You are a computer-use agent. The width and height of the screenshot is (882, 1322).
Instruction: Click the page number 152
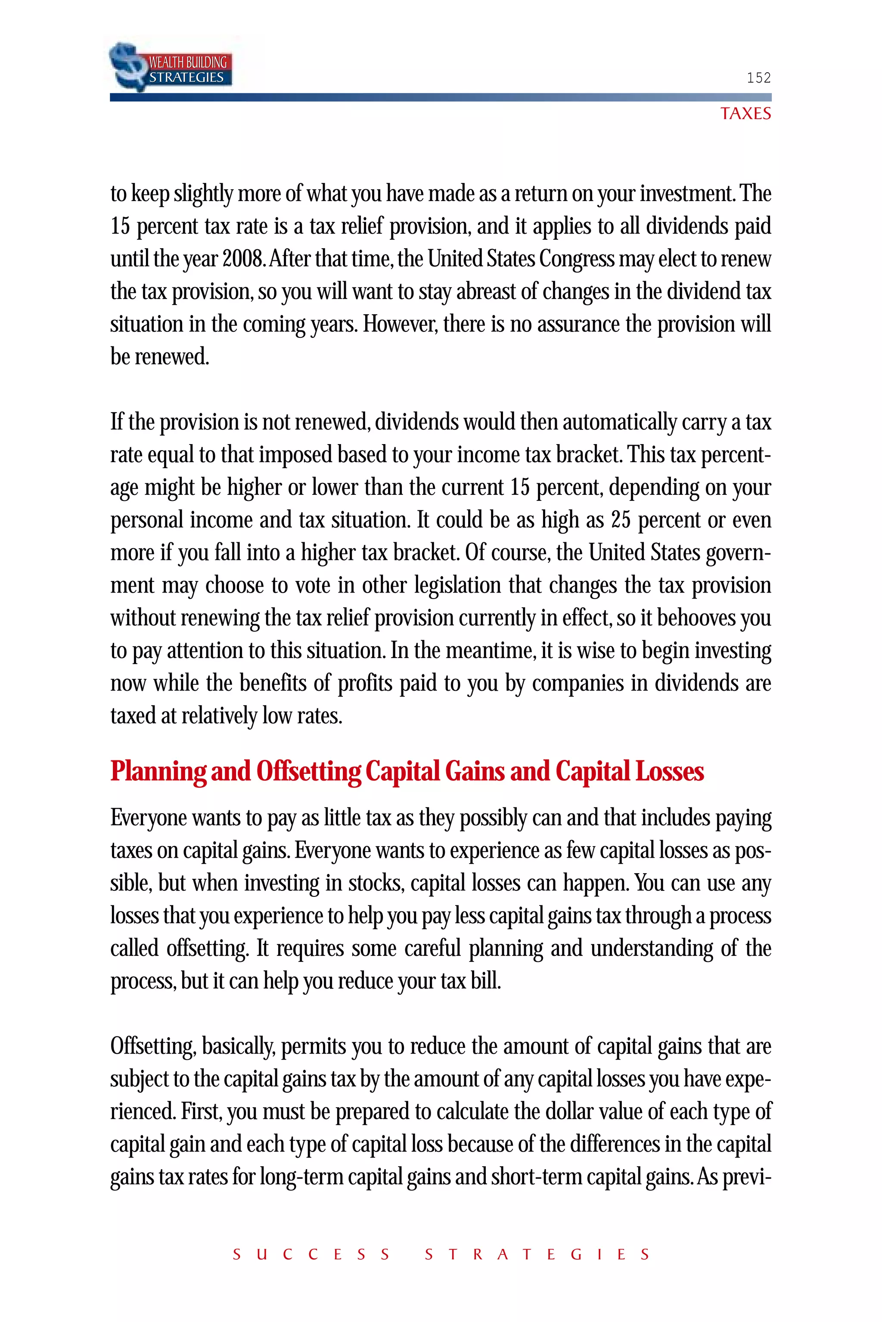pos(758,77)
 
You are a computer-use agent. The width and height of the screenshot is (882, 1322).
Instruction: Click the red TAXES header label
pos(745,114)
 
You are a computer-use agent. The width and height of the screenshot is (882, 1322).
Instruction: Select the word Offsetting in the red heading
pos(308,771)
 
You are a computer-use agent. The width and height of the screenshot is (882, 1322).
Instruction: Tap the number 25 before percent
pos(621,520)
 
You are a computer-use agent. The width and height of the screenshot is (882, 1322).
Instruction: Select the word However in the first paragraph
pos(399,324)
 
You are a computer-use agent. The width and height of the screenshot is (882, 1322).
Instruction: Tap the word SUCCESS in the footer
pos(311,1254)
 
